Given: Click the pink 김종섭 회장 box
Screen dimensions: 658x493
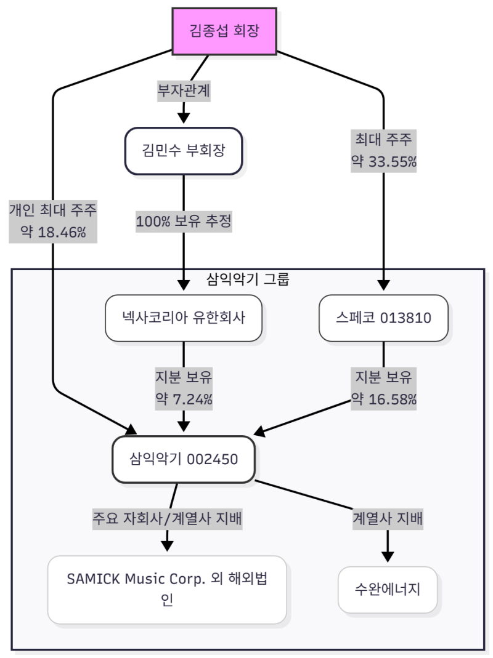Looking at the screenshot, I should tap(224, 31).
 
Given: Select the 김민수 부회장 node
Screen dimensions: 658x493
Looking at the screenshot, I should tap(184, 151).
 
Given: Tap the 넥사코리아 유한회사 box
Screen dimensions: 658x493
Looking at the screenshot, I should tap(184, 318).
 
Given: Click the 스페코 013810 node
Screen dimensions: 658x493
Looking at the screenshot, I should tap(383, 318).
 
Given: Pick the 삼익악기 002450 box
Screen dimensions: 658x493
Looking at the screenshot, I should tap(184, 459).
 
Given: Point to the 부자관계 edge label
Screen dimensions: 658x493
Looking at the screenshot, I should tap(184, 90).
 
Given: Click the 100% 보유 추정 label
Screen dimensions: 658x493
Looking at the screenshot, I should tap(184, 222).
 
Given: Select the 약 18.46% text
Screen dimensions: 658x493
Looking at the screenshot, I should tap(53, 233).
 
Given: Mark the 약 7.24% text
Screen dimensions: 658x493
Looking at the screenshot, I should tap(184, 399).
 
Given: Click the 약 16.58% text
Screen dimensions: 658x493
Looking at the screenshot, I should tap(383, 399).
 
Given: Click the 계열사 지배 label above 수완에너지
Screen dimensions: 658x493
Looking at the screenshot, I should tap(388, 519).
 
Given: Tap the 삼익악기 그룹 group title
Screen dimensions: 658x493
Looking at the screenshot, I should tap(248, 279).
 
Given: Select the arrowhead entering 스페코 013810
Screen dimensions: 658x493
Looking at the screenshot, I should tap(383, 286).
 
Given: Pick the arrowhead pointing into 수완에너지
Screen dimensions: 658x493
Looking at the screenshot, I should tap(388, 556).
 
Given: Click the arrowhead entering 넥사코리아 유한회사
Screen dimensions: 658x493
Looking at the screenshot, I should tap(184, 286).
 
